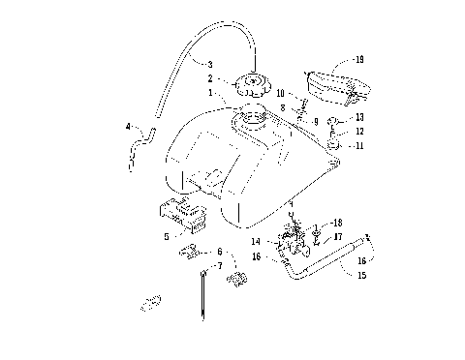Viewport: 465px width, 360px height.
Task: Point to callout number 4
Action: [128, 126]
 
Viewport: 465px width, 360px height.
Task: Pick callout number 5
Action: [167, 234]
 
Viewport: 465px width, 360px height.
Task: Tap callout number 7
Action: [219, 265]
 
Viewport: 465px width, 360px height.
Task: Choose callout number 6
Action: [219, 251]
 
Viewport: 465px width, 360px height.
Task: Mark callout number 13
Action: [359, 116]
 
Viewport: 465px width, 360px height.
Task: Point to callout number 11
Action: [359, 145]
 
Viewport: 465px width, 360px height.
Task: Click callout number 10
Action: [281, 93]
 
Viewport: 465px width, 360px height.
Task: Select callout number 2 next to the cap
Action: [208, 78]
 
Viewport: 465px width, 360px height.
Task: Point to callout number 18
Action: [337, 223]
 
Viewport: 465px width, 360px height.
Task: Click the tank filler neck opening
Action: [247, 121]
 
